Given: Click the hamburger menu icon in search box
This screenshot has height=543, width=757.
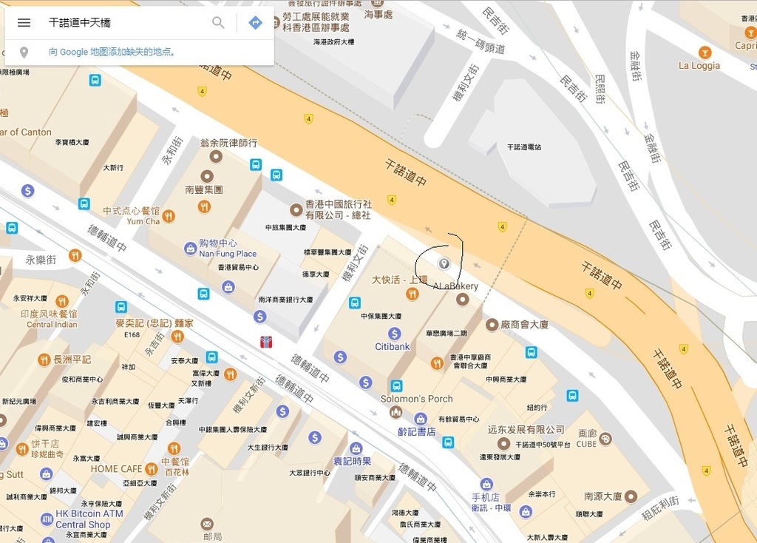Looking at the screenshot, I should (24, 23).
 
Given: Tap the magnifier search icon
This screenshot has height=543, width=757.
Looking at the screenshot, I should (218, 23).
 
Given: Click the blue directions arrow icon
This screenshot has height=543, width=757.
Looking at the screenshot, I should (255, 23).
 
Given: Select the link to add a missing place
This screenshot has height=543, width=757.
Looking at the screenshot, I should (112, 52).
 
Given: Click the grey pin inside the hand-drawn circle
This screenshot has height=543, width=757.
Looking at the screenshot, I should (444, 263).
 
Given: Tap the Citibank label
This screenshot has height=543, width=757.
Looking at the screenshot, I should (392, 346).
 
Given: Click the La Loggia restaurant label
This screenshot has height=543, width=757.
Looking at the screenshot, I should (699, 65).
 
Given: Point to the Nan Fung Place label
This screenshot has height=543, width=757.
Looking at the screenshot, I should (228, 254).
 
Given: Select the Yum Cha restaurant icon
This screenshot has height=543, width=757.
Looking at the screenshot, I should (169, 216).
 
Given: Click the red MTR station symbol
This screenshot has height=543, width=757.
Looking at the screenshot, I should (266, 342).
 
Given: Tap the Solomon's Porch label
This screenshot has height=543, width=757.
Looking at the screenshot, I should (416, 399).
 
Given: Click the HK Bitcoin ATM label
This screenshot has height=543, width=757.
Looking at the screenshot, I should (89, 513).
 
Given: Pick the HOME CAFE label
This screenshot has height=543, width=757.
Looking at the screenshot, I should (116, 468).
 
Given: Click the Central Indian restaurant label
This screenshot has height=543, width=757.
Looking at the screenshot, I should (52, 324).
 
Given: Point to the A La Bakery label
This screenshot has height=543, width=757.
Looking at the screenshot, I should (455, 286).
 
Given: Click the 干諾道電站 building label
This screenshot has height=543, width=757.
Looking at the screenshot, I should (523, 147).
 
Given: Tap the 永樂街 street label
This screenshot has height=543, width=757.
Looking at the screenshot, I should (41, 260).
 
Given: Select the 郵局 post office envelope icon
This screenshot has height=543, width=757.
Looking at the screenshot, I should (206, 524).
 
